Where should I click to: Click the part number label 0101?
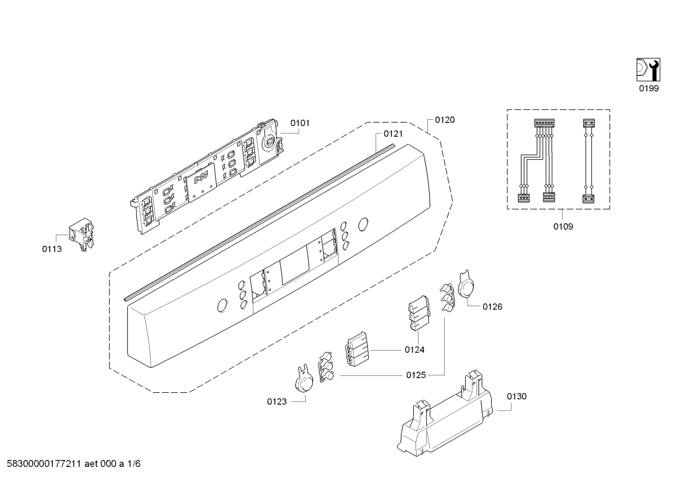coord(300,123)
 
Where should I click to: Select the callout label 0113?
coord(52,249)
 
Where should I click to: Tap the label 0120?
coord(445,120)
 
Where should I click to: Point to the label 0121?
coord(393,134)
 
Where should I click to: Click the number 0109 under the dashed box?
coord(563,227)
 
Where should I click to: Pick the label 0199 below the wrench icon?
coord(649,88)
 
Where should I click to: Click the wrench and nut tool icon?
coord(648,70)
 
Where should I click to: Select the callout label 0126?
coord(492,307)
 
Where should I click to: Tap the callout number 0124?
coord(414,350)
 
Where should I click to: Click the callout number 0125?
coord(416,375)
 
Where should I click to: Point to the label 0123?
coord(277,402)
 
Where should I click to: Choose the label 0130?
coord(516,396)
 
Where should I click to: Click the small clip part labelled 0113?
coord(81,234)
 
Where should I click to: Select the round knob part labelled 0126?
coord(466,284)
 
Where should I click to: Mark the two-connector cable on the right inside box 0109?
coord(588,161)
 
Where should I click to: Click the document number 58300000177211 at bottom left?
coord(44,464)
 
